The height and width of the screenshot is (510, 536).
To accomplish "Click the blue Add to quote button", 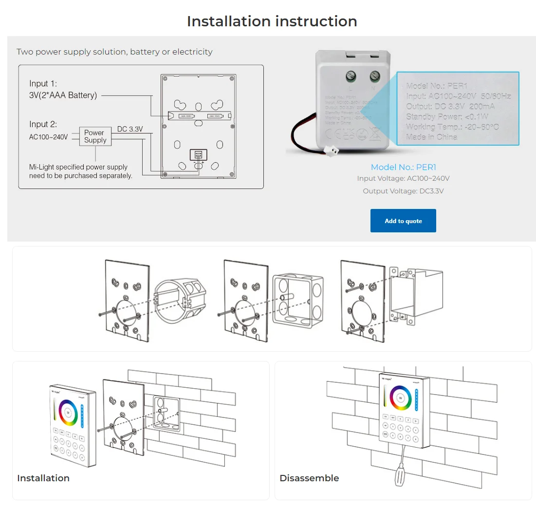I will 403,221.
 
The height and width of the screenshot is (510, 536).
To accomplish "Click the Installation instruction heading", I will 272,21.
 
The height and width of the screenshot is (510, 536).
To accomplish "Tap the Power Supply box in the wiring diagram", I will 95,136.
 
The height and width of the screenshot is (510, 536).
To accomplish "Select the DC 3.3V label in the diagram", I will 130,129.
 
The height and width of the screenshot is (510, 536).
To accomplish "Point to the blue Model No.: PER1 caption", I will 403,167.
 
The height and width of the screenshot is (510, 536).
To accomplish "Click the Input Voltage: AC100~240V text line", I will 403,178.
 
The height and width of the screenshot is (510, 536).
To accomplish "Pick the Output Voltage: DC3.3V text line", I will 403,191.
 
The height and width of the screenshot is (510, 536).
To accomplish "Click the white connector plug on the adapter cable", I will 331,151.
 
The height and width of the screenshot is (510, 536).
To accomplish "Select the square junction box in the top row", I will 298,299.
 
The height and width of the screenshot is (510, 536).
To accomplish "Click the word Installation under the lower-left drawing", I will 43,478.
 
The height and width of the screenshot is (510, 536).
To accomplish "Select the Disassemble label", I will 309,478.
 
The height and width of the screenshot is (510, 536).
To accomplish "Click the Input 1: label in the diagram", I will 43,84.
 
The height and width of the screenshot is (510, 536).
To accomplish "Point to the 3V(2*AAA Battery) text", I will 63,95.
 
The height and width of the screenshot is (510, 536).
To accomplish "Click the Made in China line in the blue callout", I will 431,137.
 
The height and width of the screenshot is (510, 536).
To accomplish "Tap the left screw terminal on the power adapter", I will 351,76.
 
